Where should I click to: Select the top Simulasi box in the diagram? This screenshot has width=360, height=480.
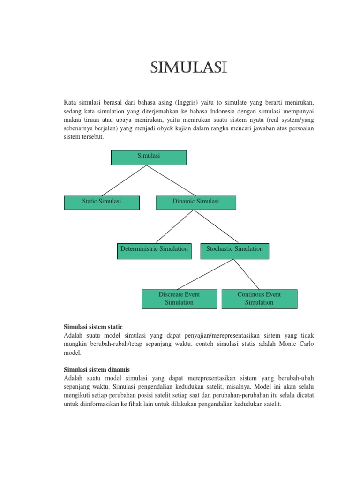[149, 157]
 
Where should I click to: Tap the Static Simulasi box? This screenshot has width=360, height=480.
[102, 202]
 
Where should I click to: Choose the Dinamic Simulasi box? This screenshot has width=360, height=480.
[195, 202]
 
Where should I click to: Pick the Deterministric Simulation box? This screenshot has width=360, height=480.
[153, 251]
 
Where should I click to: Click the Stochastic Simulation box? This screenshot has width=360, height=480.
[234, 251]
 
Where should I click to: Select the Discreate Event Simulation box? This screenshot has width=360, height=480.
[179, 299]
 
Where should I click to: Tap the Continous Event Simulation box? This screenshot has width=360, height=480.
[259, 299]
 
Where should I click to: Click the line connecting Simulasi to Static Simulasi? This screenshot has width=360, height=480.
[125, 180]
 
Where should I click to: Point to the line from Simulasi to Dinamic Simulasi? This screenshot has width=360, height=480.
[172, 180]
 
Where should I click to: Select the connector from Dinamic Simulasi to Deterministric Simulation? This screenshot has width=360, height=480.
[174, 226]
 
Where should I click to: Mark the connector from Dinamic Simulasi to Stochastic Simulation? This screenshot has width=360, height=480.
[214, 226]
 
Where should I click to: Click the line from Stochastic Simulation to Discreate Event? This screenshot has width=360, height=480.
[205, 274]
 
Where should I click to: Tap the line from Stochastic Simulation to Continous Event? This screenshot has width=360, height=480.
[247, 274]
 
